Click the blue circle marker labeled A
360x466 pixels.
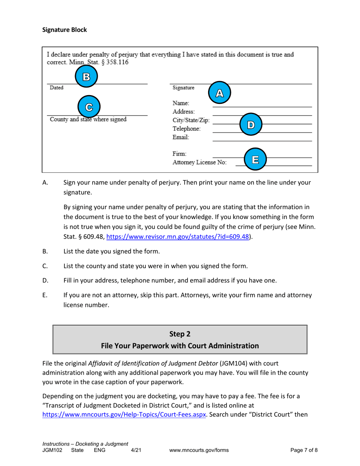click(x=218, y=93)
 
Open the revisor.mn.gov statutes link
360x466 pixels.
click(x=178, y=237)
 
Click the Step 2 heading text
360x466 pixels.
click(x=180, y=334)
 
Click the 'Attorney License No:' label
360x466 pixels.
click(x=200, y=163)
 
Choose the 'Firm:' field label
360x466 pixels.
click(x=180, y=154)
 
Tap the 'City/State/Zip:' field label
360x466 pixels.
click(x=191, y=120)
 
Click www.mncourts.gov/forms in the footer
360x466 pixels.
click(x=199, y=450)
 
